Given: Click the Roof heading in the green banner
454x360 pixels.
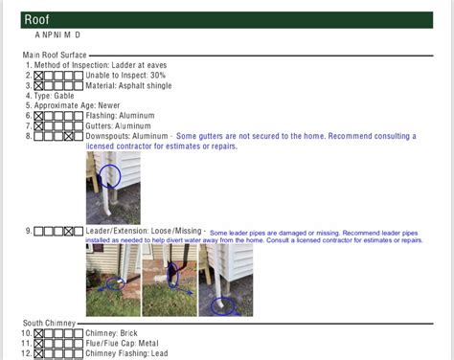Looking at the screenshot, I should (x=38, y=19).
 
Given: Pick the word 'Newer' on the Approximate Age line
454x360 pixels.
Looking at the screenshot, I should (x=130, y=105).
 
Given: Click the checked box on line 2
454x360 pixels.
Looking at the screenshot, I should (x=39, y=76).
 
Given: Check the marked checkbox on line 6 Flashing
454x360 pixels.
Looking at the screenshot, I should (x=39, y=116).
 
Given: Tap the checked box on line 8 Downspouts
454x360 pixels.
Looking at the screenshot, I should (x=69, y=136).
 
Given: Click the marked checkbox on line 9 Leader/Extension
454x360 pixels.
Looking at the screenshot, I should (x=69, y=231).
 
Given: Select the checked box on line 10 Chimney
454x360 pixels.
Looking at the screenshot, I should (x=39, y=334).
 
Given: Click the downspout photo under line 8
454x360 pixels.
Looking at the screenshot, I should (x=113, y=188).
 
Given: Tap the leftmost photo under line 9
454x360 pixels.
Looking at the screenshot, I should (x=112, y=280).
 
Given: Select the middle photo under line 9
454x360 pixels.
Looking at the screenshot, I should (x=169, y=280).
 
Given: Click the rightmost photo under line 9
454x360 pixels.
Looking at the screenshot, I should (x=226, y=280).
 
